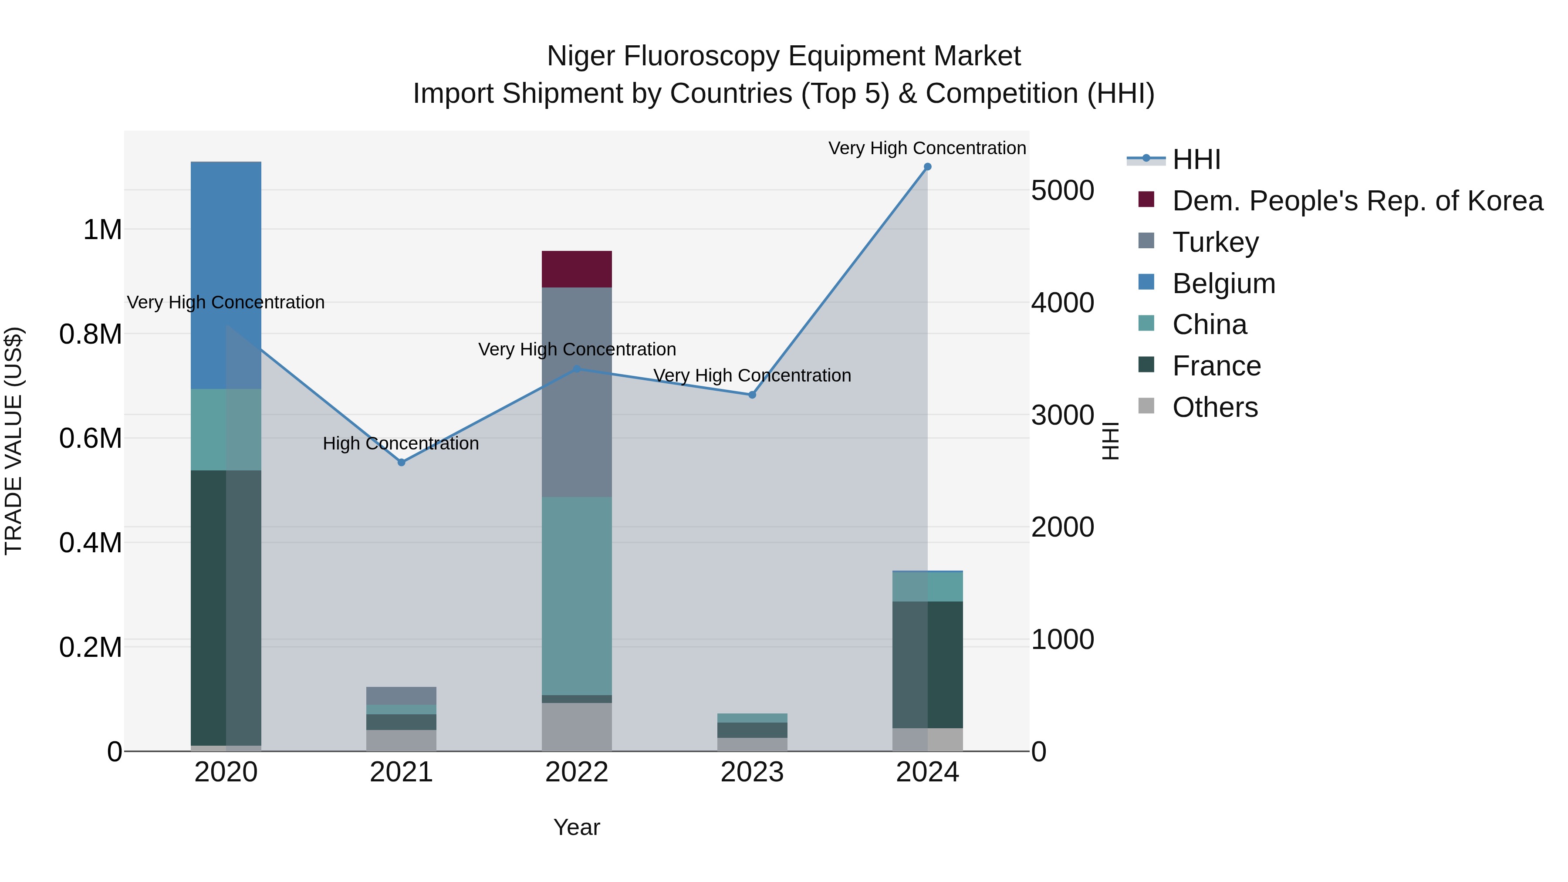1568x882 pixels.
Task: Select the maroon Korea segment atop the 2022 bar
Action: tap(576, 268)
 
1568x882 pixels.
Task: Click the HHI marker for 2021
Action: tap(401, 463)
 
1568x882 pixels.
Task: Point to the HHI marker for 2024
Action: tap(927, 167)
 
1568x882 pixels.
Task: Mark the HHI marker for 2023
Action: tap(752, 395)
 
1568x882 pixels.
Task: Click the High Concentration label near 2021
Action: tap(401, 444)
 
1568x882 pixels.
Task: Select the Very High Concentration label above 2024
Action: tap(926, 149)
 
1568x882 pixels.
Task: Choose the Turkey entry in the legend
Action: tap(1215, 242)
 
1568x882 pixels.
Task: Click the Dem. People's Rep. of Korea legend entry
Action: tap(1357, 201)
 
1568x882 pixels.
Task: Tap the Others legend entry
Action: tap(1214, 407)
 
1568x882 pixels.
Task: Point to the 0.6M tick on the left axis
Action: tap(91, 438)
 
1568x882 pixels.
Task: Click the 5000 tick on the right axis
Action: tap(1062, 190)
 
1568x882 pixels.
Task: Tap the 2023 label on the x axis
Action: tap(752, 772)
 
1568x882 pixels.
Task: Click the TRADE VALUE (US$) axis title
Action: tap(14, 441)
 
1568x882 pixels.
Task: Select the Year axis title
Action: tap(576, 827)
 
